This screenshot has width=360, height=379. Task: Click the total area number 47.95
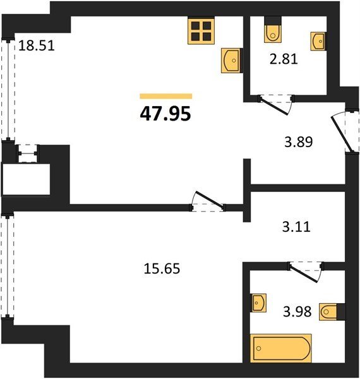[165, 114]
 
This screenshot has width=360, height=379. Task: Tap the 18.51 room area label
[37, 45]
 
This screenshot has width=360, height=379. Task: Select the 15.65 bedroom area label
[162, 268]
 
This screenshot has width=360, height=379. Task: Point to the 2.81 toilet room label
[284, 59]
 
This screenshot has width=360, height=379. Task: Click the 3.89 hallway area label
[298, 142]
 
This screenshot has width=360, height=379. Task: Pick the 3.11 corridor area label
[296, 227]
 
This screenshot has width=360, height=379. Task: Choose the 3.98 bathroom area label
[297, 311]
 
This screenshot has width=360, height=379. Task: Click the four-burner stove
[201, 31]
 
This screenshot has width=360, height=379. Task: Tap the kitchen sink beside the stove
[232, 61]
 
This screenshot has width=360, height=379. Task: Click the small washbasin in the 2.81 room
[318, 41]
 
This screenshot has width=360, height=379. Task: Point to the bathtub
[281, 348]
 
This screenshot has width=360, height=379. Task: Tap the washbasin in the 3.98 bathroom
[259, 303]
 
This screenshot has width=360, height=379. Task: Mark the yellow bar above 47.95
[166, 96]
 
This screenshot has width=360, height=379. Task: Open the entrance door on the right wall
[342, 133]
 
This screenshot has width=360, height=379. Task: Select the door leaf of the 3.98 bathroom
[304, 274]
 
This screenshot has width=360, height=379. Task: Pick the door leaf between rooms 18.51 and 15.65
[210, 200]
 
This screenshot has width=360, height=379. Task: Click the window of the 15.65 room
[8, 265]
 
